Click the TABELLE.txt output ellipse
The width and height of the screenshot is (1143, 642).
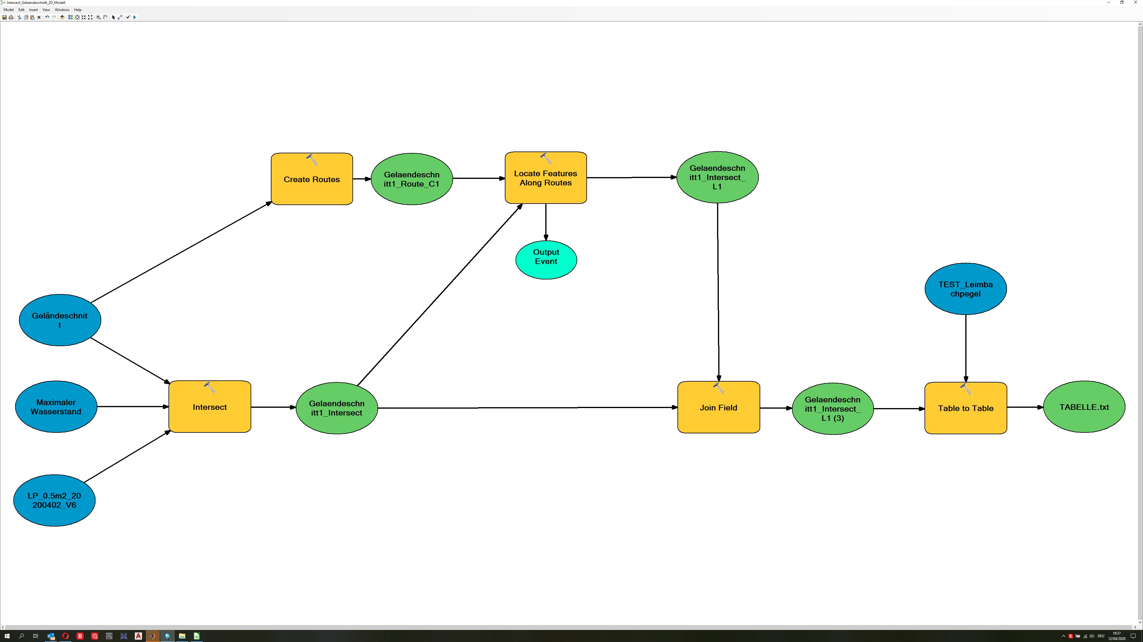coord(1084,407)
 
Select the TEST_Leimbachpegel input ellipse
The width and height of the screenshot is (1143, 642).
coord(966,289)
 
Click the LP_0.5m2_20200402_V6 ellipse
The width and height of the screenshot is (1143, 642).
coord(54,500)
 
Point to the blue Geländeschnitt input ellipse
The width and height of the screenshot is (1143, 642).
coord(60,320)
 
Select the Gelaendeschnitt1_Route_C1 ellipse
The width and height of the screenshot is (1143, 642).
coord(411,179)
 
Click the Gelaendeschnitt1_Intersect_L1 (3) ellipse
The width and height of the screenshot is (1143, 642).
coord(833,409)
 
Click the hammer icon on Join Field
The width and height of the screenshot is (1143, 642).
coord(718,388)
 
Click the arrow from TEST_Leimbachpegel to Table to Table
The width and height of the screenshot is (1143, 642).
coord(966,346)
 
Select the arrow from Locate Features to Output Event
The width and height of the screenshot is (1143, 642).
coord(546,222)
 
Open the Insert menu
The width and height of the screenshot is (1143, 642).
coord(33,10)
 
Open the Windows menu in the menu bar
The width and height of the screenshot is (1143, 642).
coord(62,10)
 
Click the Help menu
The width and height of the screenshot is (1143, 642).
coord(78,10)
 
